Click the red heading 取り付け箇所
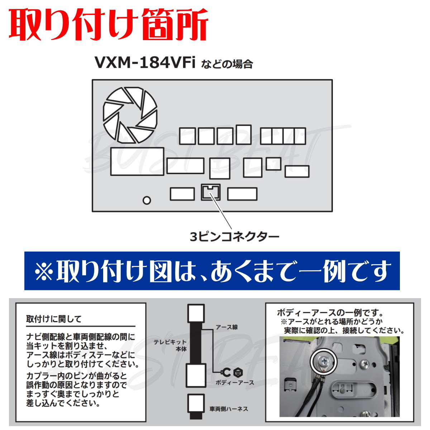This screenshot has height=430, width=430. click(x=109, y=25)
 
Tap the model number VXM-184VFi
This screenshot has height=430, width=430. click(x=145, y=63)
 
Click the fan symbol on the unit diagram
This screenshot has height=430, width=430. click(x=130, y=115)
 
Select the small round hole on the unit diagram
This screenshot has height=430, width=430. click(x=147, y=200)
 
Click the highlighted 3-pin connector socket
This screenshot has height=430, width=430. click(x=211, y=192)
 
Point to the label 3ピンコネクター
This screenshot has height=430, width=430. click(x=234, y=237)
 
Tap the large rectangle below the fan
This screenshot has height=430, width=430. click(x=137, y=161)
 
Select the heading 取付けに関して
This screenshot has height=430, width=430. click(x=54, y=319)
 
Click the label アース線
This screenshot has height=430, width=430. click(x=226, y=327)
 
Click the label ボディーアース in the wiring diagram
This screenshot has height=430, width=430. click(x=235, y=383)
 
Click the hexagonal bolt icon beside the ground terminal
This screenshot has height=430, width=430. click(x=238, y=372)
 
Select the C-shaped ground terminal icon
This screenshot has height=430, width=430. click(x=226, y=372)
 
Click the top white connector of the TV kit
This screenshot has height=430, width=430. click(x=196, y=314)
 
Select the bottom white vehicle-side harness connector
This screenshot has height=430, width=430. click(x=196, y=404)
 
